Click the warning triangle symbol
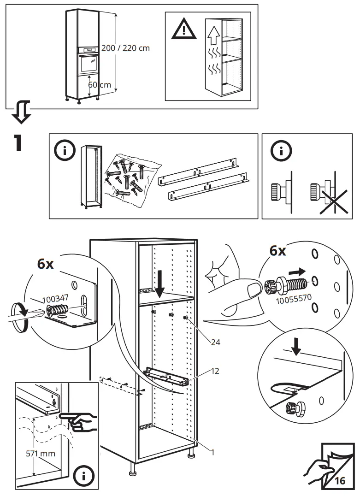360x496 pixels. [x=183, y=29]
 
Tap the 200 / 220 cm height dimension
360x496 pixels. [x=125, y=48]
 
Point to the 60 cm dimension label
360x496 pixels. [x=99, y=85]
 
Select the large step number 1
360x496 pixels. [x=18, y=142]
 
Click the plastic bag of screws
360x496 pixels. [x=131, y=179]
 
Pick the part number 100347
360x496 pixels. [x=55, y=298]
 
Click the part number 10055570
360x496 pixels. [x=294, y=299]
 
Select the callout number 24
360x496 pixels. [x=215, y=342]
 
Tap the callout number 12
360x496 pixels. [x=215, y=371]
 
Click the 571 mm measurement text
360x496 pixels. [x=41, y=453]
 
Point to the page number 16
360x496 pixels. [x=340, y=481]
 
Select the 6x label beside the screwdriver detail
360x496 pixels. [x=46, y=264]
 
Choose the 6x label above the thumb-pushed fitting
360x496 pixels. [x=277, y=251]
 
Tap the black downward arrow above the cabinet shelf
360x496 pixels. [x=160, y=287]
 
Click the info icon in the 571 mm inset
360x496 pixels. [x=83, y=476]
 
